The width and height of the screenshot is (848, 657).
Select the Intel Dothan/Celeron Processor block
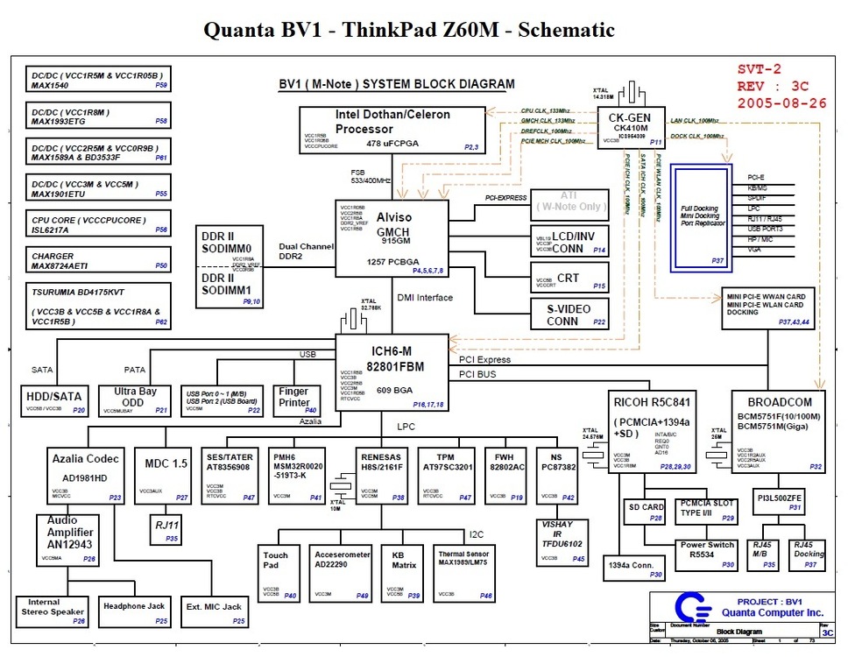[x=392, y=130]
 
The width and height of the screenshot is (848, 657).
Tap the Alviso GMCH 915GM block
[x=391, y=237]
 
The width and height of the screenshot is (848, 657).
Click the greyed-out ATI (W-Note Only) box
[x=570, y=202]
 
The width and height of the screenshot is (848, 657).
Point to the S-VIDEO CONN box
[x=569, y=313]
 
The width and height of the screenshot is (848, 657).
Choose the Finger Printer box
[x=296, y=399]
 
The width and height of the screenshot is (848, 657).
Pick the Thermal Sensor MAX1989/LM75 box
[x=465, y=572]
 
